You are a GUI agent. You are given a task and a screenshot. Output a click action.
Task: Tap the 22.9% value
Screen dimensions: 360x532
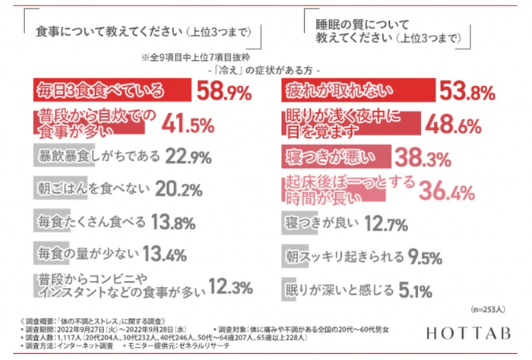(x=188, y=156)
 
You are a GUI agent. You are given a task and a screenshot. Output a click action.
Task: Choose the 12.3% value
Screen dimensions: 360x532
(x=229, y=288)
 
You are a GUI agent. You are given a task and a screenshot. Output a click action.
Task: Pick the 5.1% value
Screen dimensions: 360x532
(x=415, y=289)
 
